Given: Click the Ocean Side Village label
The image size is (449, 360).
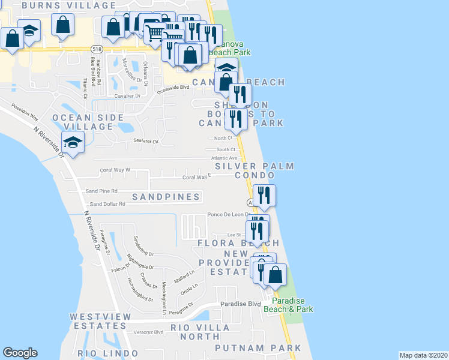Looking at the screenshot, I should pos(82,122).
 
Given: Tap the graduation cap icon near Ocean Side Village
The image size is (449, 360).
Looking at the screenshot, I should pos(73,143).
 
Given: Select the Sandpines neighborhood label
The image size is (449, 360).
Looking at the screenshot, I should pos(166,197).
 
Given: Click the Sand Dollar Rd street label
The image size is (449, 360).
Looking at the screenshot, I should pos(107,204).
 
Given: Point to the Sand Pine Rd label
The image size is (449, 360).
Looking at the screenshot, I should pos(101,191).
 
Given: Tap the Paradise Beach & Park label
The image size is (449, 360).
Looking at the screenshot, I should pos(292,305).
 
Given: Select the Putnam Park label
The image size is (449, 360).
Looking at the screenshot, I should pos(258,348).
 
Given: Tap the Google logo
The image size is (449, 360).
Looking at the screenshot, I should pos(20,353).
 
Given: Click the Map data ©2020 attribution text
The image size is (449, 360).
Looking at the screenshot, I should pos(423,355).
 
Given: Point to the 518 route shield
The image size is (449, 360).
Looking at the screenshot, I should pos(96,47).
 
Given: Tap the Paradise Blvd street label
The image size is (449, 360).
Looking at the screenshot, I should pos(240,304).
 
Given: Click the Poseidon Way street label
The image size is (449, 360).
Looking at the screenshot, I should pos(25,112).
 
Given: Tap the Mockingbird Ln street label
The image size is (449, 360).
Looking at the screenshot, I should pos(164,298).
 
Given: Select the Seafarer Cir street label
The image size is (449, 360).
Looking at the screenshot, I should pos(146,142).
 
